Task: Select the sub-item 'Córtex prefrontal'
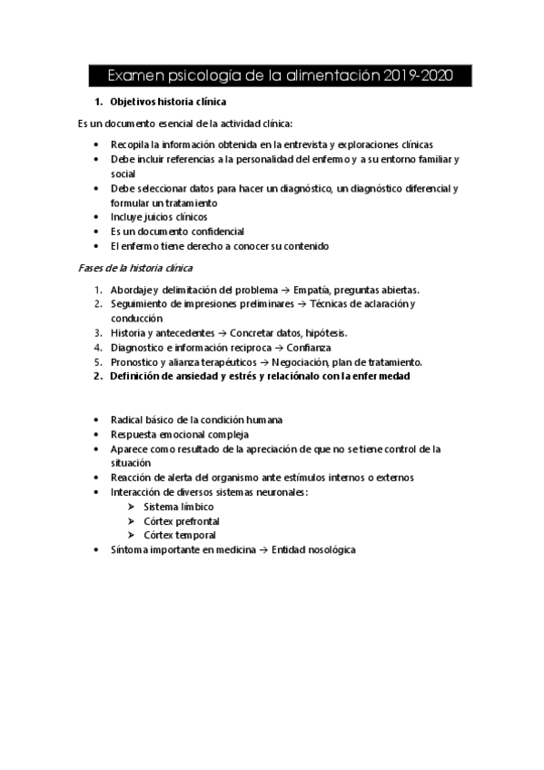click(x=181, y=521)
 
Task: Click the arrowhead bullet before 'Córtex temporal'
click(x=132, y=536)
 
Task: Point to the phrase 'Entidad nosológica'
click(x=313, y=550)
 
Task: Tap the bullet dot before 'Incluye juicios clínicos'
click(x=97, y=217)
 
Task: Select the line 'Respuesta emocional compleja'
click(x=173, y=434)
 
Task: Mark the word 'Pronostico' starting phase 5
click(x=133, y=361)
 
